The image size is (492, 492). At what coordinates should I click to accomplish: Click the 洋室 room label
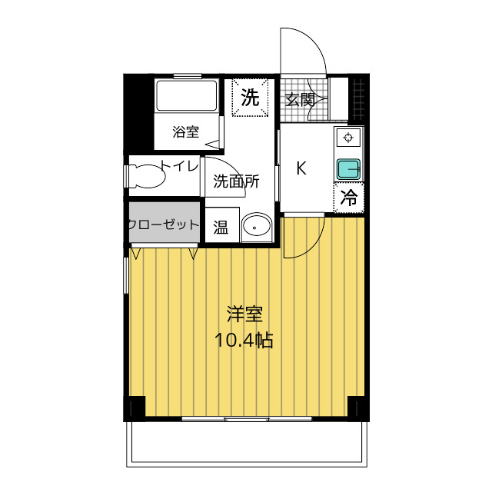pyautogui.click(x=244, y=314)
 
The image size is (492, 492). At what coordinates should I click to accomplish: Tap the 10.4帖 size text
pyautogui.click(x=244, y=340)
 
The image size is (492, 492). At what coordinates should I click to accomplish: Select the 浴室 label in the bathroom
pyautogui.click(x=186, y=131)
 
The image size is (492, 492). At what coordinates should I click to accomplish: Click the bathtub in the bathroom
pyautogui.click(x=187, y=95)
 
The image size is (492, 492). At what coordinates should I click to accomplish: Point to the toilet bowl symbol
pyautogui.click(x=147, y=176)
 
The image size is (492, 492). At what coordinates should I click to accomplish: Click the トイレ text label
pyautogui.click(x=179, y=165)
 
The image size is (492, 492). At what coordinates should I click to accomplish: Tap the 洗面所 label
pyautogui.click(x=236, y=181)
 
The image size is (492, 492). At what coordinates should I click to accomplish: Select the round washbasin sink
pyautogui.click(x=256, y=224)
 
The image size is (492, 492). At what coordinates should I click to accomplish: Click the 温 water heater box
pyautogui.click(x=222, y=224)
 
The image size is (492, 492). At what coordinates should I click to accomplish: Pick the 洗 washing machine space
pyautogui.click(x=250, y=98)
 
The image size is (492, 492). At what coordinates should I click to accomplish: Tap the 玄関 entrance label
pyautogui.click(x=300, y=100)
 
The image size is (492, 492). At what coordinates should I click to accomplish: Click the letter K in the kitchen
pyautogui.click(x=301, y=168)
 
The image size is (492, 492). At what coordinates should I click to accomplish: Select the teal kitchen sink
pyautogui.click(x=348, y=169)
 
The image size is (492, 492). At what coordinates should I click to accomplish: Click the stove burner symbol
pyautogui.click(x=348, y=138)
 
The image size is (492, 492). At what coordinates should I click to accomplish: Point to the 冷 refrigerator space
pyautogui.click(x=348, y=198)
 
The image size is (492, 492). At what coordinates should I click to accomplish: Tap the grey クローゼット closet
pyautogui.click(x=165, y=222)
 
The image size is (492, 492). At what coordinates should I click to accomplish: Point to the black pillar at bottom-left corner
pyautogui.click(x=135, y=407)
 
